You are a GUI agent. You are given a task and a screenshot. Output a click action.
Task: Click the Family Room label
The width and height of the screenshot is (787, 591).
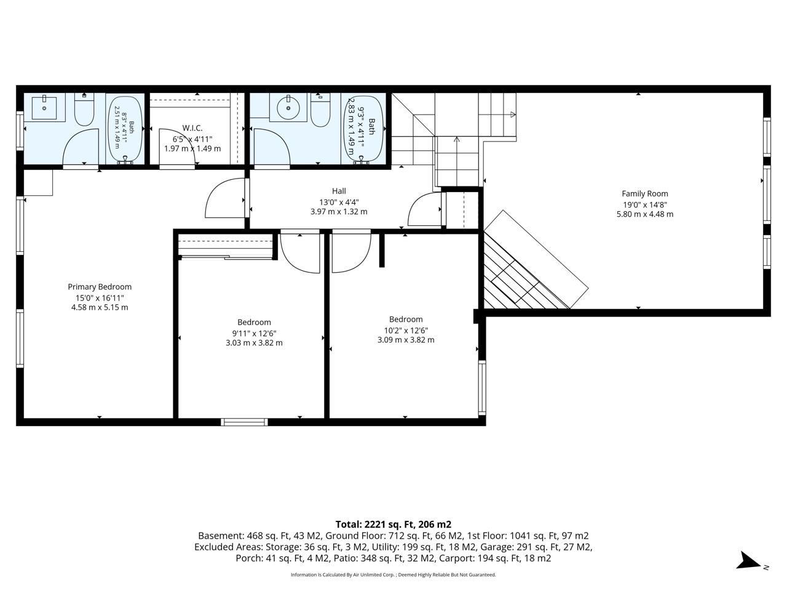(644, 194)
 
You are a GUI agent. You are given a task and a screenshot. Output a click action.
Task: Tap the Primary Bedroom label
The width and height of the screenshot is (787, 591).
(100, 287)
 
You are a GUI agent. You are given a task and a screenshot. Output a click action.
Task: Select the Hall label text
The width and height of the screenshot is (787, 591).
(339, 191)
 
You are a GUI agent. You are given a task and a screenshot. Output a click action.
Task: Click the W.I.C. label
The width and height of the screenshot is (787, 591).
(192, 128)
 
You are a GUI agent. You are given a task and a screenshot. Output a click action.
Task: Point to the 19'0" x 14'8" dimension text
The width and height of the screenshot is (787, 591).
(644, 204)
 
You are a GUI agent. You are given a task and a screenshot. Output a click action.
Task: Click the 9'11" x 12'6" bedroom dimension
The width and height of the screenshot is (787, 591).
(254, 333)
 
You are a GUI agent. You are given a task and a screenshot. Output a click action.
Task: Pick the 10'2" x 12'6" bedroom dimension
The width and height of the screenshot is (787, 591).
(406, 330)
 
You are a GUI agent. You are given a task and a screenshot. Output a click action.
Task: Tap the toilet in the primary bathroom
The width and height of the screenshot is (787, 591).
(84, 110)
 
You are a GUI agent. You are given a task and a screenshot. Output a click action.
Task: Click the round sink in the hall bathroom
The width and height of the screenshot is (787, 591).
(288, 107)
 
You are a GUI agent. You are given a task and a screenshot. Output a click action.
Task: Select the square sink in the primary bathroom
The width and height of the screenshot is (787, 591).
(44, 107)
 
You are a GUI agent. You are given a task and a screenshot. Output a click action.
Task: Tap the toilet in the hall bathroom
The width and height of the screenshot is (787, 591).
(320, 110)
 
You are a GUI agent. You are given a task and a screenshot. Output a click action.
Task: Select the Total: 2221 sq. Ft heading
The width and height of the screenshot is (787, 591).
(393, 525)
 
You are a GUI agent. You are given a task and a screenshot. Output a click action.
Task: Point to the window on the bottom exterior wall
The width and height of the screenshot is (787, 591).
(244, 422)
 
